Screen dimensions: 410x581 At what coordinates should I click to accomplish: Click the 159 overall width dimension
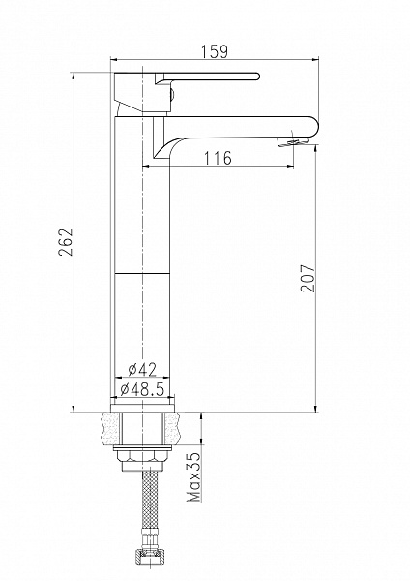[x=215, y=51]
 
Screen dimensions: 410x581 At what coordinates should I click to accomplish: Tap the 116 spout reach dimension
[x=219, y=158]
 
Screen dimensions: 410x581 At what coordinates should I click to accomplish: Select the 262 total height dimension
[x=65, y=242]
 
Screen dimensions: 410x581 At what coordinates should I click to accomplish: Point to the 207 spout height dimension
[x=307, y=278]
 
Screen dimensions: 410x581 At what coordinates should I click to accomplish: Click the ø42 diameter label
[x=142, y=369]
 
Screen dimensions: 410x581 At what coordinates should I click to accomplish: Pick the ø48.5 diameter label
[x=142, y=388]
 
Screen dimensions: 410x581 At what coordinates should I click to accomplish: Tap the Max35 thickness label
[x=194, y=476]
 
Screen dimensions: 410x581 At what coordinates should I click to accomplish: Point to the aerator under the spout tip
[x=293, y=141]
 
